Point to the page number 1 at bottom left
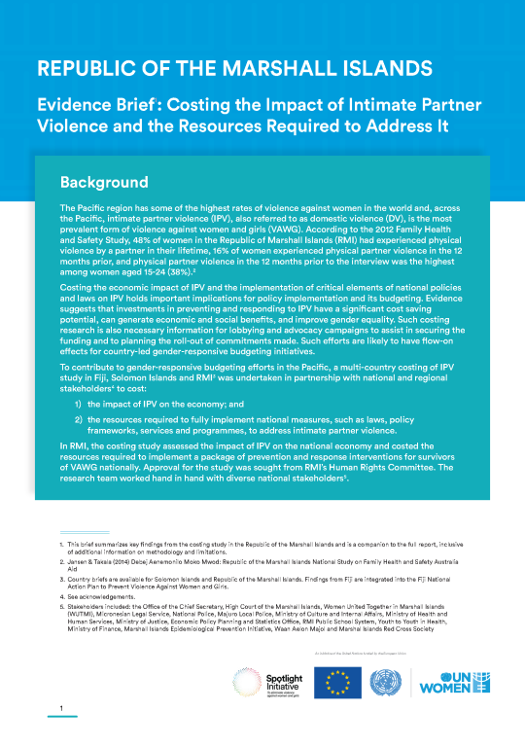(60, 708)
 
